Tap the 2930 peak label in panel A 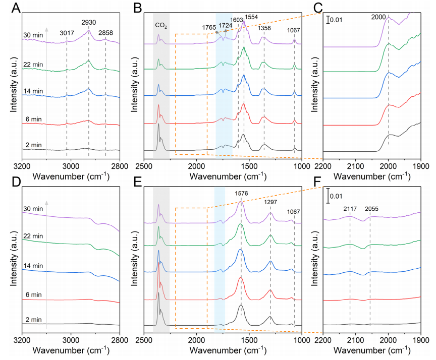click(x=89, y=23)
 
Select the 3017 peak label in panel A click(x=67, y=33)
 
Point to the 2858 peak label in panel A click(x=105, y=33)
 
